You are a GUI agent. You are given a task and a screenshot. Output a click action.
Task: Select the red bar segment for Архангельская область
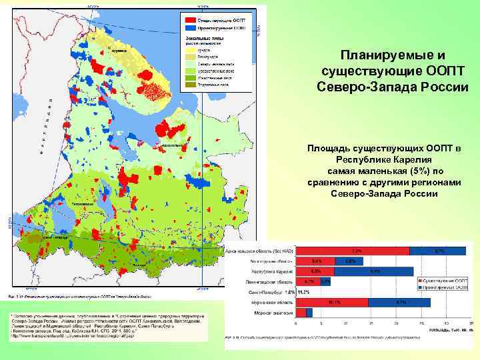tap(352, 251)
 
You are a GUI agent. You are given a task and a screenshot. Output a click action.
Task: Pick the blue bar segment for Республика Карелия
tap(375, 271)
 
